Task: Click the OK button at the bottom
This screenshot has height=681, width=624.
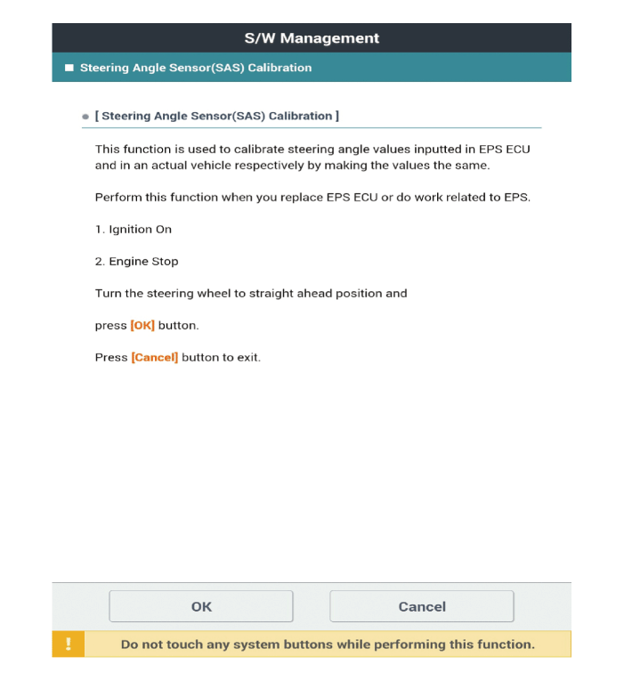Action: coord(201,606)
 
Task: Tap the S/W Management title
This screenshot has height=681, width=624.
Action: coord(312,38)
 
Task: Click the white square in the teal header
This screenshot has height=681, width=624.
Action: coord(69,68)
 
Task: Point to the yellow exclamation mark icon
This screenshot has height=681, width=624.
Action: coord(69,645)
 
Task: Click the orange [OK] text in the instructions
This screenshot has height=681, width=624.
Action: coord(142,326)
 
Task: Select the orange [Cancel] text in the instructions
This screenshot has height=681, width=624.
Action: coord(155,358)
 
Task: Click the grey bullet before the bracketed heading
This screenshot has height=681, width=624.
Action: coord(85,117)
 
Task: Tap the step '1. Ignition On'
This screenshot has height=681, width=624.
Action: coord(134,230)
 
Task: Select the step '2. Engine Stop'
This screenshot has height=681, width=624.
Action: coord(136,262)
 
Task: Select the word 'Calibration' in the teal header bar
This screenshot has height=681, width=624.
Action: coord(279,68)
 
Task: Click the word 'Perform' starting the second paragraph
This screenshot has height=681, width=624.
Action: coord(118,198)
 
